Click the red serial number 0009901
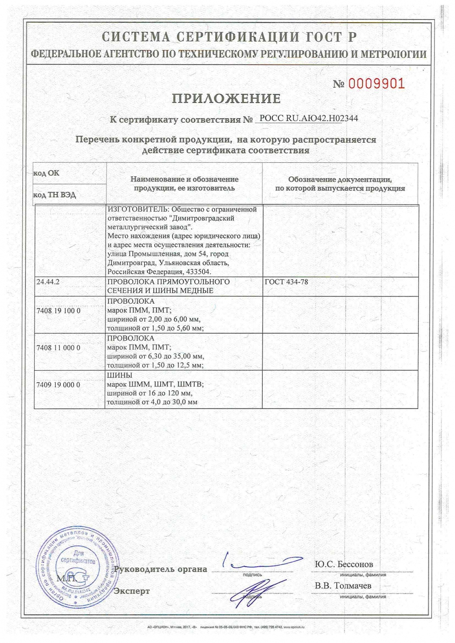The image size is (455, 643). (376, 83)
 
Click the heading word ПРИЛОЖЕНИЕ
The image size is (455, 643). (226, 99)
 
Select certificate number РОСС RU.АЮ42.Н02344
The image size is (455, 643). (308, 119)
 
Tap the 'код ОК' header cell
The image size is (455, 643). (46, 173)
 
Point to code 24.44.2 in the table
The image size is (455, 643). (48, 282)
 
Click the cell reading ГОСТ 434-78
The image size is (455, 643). (286, 282)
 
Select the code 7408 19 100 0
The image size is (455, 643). (58, 311)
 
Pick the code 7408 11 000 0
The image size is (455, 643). (58, 348)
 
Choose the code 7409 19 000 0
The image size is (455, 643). (58, 385)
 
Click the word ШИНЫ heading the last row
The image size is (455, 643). (119, 376)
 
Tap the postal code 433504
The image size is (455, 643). (200, 272)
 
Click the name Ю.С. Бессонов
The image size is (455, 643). (344, 564)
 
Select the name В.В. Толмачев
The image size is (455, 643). (343, 586)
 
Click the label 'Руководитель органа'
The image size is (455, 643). (160, 569)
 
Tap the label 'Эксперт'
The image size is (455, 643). (131, 591)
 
